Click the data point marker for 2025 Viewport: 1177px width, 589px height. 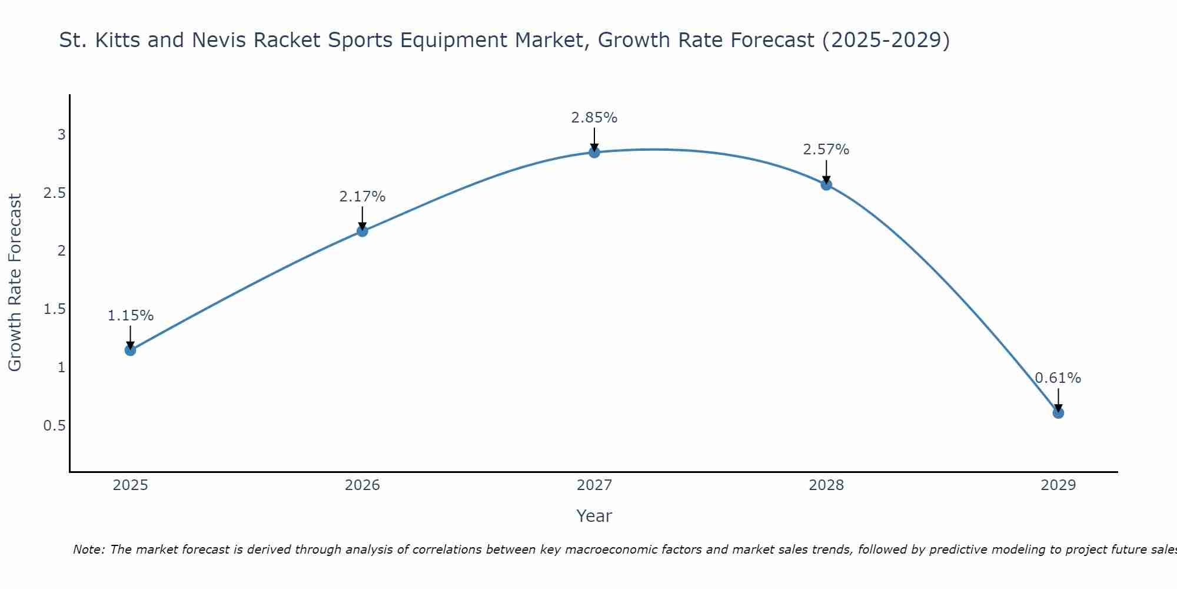[x=131, y=350]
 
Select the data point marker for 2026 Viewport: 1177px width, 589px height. [x=363, y=231]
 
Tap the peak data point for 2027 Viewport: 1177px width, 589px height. [x=594, y=153]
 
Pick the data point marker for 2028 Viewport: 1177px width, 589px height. [x=826, y=185]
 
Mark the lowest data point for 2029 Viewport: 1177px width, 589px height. [x=1058, y=413]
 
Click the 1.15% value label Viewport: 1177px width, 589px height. [x=131, y=316]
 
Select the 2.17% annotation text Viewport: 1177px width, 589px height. [x=363, y=197]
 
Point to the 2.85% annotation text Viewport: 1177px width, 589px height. [x=594, y=118]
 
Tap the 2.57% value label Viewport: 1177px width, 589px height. [x=826, y=150]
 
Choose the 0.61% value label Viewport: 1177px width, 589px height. [x=1058, y=378]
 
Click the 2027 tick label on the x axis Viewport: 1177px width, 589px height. [x=594, y=485]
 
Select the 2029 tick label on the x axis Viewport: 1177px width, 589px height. [x=1058, y=485]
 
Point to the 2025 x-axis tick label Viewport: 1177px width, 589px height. [x=131, y=485]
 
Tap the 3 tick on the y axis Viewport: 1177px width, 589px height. [x=61, y=135]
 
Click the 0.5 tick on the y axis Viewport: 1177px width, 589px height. [x=55, y=425]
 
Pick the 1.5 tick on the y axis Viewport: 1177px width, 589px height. [x=55, y=309]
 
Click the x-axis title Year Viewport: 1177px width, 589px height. [x=594, y=516]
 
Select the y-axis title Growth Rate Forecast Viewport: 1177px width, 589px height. [x=15, y=283]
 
